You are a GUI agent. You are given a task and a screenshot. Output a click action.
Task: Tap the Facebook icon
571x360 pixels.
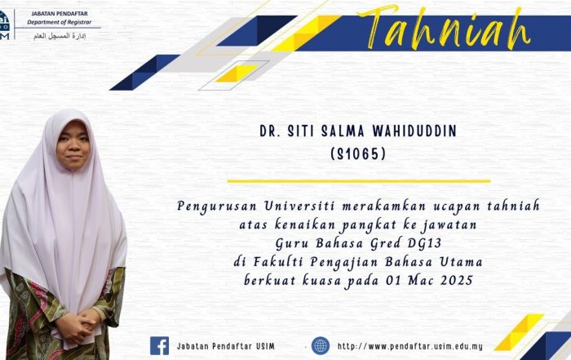[x=160, y=346]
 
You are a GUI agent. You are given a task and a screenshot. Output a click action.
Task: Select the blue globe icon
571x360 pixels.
[x=321, y=346]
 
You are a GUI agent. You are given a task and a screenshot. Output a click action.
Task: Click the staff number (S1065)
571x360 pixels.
[x=358, y=154]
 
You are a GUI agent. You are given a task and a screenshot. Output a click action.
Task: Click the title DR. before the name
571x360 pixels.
[x=270, y=131]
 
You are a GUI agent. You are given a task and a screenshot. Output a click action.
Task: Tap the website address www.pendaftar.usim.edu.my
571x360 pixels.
[x=410, y=346]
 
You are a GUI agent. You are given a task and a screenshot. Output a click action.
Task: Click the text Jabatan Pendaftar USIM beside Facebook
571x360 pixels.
[x=226, y=346]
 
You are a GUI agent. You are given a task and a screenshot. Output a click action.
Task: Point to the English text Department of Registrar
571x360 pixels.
[x=59, y=22]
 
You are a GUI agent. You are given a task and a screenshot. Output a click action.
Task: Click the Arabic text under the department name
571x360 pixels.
[x=60, y=36]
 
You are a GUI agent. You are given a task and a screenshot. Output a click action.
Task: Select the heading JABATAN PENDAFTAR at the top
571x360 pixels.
[x=60, y=14]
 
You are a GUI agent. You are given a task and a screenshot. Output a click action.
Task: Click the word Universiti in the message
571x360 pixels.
[x=299, y=206]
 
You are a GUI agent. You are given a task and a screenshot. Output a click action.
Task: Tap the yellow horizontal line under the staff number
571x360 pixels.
[x=359, y=180]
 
